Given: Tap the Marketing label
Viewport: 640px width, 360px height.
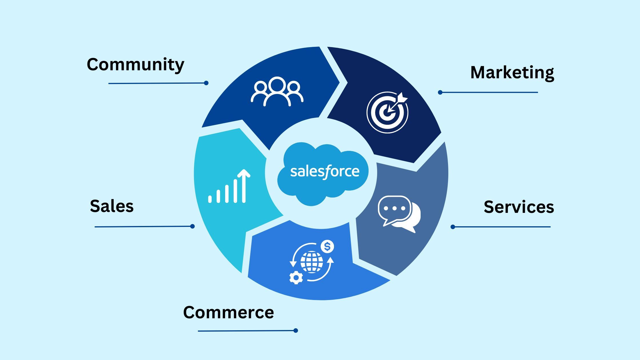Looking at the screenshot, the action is coord(512,73).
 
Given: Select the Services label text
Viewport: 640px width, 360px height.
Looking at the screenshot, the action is coord(519,207).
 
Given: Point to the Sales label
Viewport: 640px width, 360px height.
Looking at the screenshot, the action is coord(112,206).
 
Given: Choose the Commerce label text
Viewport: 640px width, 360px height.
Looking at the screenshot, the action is coord(229,312).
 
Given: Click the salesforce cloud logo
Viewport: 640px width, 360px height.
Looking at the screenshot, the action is coord(323,174).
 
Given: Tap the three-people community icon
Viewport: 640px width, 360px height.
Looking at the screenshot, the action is coord(277,91).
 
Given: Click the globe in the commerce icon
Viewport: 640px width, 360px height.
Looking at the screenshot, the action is coord(312,262).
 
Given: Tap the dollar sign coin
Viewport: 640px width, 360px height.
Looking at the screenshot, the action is coord(327,247).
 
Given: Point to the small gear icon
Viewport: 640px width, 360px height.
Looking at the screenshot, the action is coord(296,277).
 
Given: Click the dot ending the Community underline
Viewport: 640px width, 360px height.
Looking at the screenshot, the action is coord(206,83).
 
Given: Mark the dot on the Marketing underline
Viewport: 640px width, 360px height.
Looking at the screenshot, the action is coord(440,92).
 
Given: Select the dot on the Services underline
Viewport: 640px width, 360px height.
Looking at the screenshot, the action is coord(453,227).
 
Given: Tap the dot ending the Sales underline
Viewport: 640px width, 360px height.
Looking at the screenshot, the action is coord(193,226).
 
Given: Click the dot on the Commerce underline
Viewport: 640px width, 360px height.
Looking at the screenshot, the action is coord(296,331).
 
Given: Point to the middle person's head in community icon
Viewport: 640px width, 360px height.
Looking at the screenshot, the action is coord(277,84).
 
